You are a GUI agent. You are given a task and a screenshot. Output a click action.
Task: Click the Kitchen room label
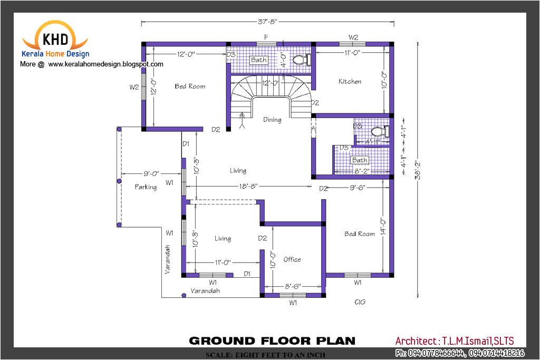pyautogui.click(x=350, y=81)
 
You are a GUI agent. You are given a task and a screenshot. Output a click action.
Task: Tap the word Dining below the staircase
pyautogui.click(x=272, y=120)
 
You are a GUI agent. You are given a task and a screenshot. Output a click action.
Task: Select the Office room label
pyautogui.click(x=292, y=259)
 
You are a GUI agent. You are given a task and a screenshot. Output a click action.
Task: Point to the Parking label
pyautogui.click(x=146, y=187)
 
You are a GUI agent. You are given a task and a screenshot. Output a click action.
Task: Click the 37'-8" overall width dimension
pyautogui.click(x=267, y=22)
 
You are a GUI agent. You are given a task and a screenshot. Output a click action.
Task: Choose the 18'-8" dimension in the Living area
pyautogui.click(x=249, y=186)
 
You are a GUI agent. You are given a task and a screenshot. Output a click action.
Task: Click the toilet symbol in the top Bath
pyautogui.click(x=300, y=60)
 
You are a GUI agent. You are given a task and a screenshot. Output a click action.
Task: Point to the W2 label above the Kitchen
pyautogui.click(x=353, y=37)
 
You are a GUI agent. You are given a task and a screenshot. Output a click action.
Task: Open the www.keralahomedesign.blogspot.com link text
pyautogui.click(x=105, y=64)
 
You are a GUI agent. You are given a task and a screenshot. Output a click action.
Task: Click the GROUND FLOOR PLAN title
pyautogui.click(x=272, y=340)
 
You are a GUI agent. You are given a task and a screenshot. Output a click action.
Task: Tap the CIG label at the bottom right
pyautogui.click(x=360, y=302)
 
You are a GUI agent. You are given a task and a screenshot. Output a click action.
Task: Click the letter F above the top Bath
pyautogui.click(x=266, y=37)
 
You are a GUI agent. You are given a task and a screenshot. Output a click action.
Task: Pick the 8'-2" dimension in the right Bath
pyautogui.click(x=361, y=171)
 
